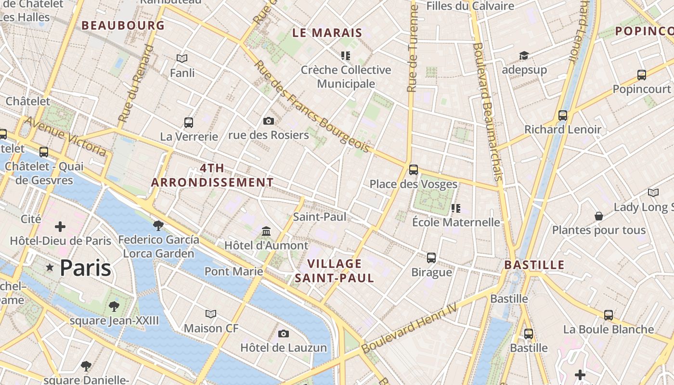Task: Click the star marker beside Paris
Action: click(x=49, y=267)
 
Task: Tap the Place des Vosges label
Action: click(x=413, y=184)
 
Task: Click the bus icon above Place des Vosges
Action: click(x=413, y=169)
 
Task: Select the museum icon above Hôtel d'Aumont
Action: click(x=266, y=231)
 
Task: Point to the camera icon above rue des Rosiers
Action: click(x=269, y=121)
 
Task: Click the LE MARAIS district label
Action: click(x=327, y=33)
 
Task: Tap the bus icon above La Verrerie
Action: click(x=189, y=122)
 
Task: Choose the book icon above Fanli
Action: click(x=182, y=59)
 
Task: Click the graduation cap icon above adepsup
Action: click(x=524, y=56)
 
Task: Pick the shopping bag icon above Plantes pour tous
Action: click(x=599, y=216)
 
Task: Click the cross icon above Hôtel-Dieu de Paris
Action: click(x=60, y=226)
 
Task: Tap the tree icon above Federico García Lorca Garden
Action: click(x=158, y=225)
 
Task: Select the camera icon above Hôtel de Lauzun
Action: click(x=284, y=334)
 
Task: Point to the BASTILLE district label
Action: click(x=534, y=265)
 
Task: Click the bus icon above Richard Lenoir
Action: click(x=563, y=115)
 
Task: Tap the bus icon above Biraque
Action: click(x=431, y=258)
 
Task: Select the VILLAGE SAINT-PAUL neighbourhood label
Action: click(x=335, y=270)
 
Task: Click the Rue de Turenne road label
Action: click(x=412, y=48)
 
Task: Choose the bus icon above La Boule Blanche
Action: click(x=609, y=315)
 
